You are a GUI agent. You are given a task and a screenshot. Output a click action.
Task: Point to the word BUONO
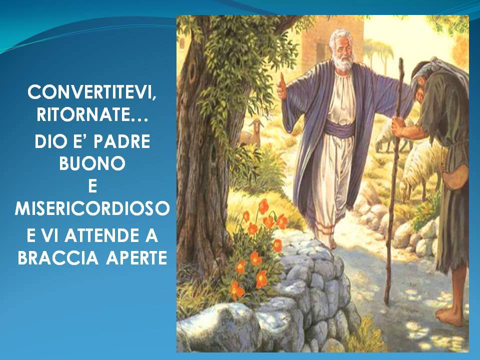92,163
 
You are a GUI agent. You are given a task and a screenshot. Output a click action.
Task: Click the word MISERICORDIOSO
92,208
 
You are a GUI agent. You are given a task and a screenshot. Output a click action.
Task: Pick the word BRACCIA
58,258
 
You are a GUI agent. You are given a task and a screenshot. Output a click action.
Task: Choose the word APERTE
136,258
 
